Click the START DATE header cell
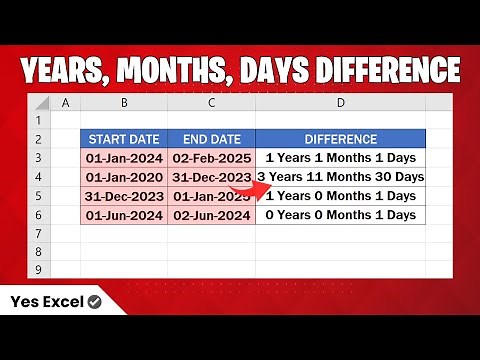[x=123, y=139]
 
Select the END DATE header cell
[x=211, y=139]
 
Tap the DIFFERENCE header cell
[x=341, y=139]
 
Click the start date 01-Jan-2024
[x=123, y=158]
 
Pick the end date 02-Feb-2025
[x=211, y=158]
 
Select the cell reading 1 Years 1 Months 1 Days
[x=341, y=158]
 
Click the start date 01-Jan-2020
[x=123, y=177]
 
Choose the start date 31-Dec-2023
[x=123, y=196]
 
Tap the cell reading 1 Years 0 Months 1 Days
[x=341, y=196]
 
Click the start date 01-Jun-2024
[x=123, y=215]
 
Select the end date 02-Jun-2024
[x=211, y=215]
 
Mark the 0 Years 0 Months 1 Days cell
[x=341, y=215]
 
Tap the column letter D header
[x=341, y=102]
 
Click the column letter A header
[x=65, y=102]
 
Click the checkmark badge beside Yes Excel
[x=94, y=301]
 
